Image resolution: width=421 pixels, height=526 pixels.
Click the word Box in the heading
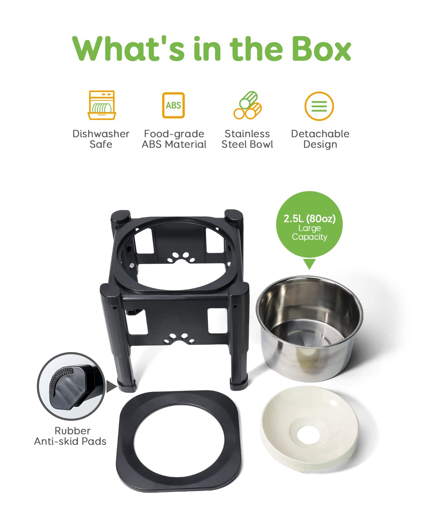click(x=321, y=48)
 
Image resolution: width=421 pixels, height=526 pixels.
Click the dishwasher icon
click(x=102, y=105)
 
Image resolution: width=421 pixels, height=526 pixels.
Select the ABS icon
click(x=173, y=105)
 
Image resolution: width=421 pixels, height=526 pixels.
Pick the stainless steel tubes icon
click(x=248, y=105)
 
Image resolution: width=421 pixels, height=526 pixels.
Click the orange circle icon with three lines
click(x=319, y=106)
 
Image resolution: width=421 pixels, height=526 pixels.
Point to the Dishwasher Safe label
click(x=101, y=139)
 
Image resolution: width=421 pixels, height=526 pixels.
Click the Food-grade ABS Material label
click(x=174, y=139)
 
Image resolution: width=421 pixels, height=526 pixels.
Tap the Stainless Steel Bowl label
click(x=247, y=139)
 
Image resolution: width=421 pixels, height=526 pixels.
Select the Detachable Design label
click(x=320, y=139)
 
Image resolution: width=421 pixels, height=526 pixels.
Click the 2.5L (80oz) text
click(x=309, y=218)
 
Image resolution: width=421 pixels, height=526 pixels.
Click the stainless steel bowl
click(x=309, y=328)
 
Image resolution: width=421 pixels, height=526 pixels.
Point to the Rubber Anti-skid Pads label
click(x=70, y=436)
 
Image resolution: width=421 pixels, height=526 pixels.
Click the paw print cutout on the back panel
click(x=181, y=258)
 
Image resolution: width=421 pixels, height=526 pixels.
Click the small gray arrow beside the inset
click(x=112, y=387)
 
